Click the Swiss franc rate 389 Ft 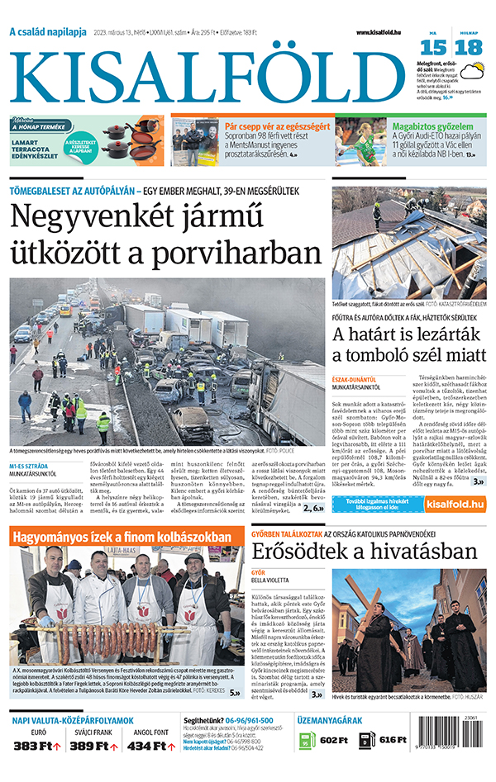91,746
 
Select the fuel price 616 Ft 393,741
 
